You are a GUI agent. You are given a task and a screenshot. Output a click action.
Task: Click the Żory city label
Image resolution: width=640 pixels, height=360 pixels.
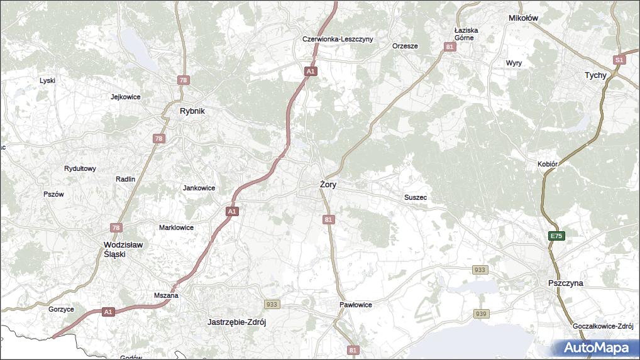point(328,185)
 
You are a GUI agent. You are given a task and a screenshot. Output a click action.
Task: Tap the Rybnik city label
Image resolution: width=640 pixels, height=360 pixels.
point(192,111)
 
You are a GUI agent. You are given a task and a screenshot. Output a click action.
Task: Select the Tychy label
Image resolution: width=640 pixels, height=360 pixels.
point(595,75)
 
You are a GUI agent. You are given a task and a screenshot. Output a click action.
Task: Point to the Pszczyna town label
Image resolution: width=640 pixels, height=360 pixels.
point(565,283)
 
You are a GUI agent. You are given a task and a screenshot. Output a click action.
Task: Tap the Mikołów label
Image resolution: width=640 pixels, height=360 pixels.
point(523,18)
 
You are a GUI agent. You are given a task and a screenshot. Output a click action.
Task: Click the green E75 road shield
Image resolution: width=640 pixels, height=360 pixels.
point(556,236)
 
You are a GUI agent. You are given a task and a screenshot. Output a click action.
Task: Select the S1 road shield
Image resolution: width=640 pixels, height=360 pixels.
point(620,60)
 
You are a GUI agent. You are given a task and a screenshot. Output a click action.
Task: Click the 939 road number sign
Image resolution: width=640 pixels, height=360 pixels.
point(480,314)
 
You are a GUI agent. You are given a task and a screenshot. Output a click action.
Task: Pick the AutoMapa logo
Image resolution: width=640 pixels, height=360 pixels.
point(596,347)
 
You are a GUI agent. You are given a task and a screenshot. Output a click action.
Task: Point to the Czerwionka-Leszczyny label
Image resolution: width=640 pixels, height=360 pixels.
point(338,39)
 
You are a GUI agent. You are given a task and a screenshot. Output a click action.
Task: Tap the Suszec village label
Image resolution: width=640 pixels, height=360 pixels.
point(416,197)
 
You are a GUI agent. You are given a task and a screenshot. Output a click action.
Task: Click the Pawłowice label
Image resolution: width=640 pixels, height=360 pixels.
point(356,305)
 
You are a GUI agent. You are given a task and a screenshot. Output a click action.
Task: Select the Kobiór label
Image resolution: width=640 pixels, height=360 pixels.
point(548,164)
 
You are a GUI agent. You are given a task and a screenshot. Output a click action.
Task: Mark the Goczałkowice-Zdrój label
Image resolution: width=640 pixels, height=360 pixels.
point(602,327)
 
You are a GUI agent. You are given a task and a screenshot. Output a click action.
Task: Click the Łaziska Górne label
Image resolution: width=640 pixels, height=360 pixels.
point(466,34)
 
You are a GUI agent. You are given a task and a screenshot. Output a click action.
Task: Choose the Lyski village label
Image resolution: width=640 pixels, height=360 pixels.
point(48,80)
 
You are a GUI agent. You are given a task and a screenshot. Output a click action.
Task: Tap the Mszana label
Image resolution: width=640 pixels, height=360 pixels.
point(166,295)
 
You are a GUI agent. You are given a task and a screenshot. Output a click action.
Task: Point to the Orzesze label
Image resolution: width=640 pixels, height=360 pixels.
point(405,46)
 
